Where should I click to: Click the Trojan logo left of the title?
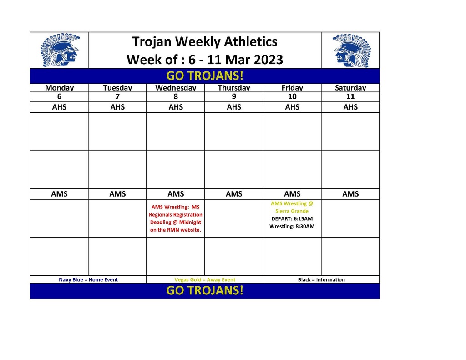pos(60,50)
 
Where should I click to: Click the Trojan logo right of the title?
pos(352,50)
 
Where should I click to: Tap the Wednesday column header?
pos(176,88)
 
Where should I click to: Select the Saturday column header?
pos(350,88)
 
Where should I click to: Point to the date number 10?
pos(292,96)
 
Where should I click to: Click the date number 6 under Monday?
pos(59,96)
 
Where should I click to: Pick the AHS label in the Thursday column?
pos(234,107)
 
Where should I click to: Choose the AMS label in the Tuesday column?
pos(117,194)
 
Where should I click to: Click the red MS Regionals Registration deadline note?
pos(176,218)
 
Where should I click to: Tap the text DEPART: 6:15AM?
pos(292,219)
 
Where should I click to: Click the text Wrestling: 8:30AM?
pos(292,226)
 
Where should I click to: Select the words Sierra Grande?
pos(292,211)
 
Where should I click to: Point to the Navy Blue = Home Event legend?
pos(88,280)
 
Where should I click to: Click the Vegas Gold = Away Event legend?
pos(205,280)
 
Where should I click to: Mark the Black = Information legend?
pos(321,280)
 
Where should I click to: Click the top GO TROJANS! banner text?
pos(205,76)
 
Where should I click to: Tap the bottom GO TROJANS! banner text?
pos(205,290)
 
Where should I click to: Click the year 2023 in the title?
pos(268,60)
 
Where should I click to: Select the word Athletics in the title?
pos(251,41)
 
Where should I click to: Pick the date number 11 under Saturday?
pos(350,96)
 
